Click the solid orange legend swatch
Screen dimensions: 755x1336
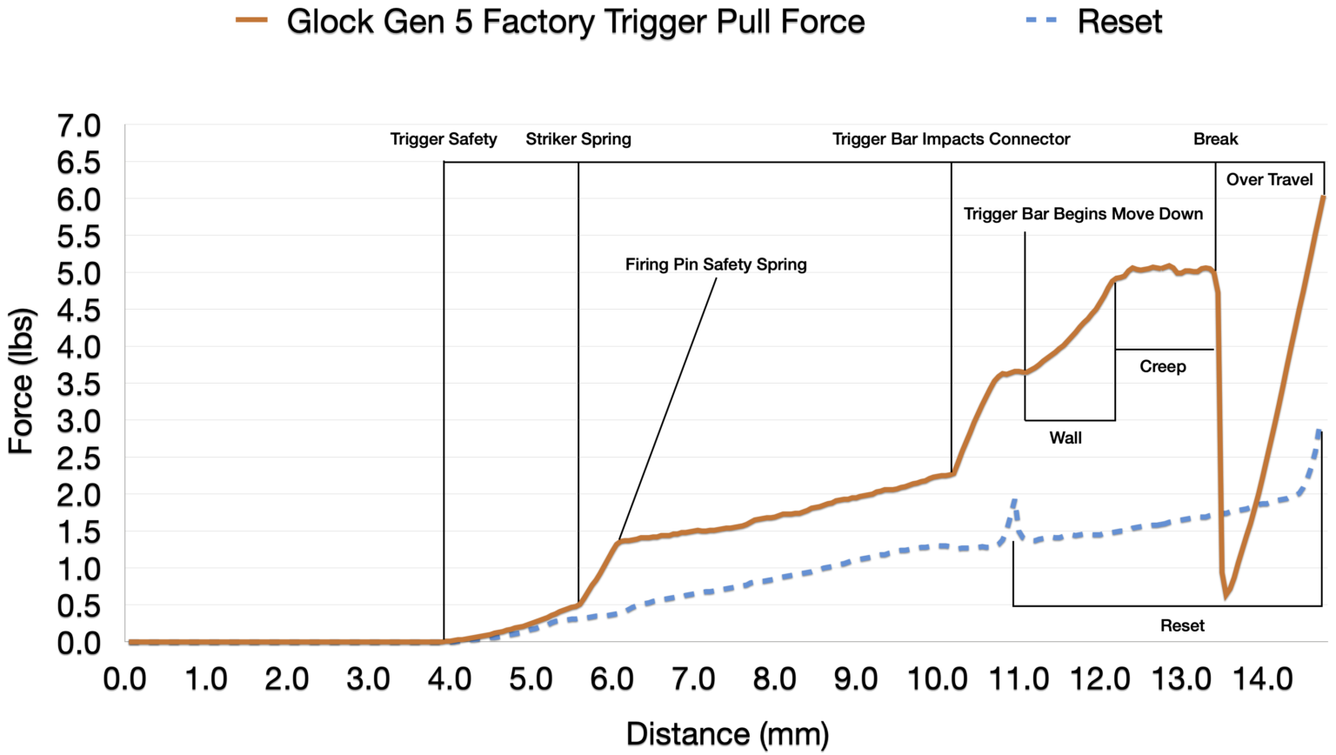(x=251, y=19)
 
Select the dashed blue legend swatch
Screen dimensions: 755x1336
(x=1041, y=19)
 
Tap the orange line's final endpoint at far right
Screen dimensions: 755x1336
(x=1323, y=197)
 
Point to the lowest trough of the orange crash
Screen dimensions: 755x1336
(x=1226, y=595)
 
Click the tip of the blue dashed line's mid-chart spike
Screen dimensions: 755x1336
(x=1014, y=499)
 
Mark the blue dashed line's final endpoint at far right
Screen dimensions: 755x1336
(x=1319, y=429)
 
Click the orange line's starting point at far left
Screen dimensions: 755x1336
(x=130, y=641)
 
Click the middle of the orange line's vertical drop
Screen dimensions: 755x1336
(x=1219, y=435)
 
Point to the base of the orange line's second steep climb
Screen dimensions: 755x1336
(x=954, y=472)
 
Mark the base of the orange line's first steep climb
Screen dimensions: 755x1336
(x=579, y=604)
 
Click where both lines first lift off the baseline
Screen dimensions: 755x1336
(x=445, y=641)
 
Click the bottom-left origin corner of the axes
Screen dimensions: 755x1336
(x=125, y=642)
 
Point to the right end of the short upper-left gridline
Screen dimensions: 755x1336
(x=442, y=162)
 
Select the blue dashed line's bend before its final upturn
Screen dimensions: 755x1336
(x=1299, y=493)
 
